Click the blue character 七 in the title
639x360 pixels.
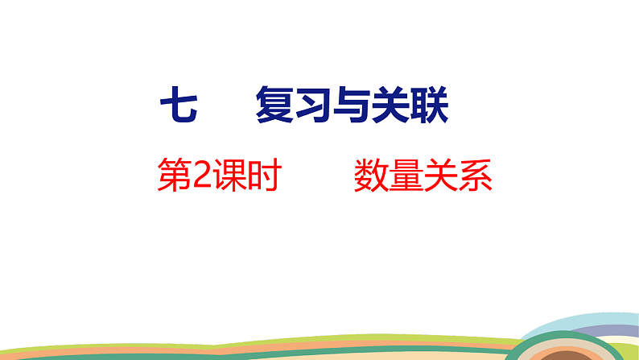[x=179, y=107]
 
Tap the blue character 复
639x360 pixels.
[x=274, y=107]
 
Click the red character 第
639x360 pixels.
[x=175, y=175]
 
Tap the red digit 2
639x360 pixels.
[x=202, y=175]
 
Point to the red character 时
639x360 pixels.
[x=262, y=175]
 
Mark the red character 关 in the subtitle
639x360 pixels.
[x=439, y=175]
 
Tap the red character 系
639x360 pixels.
[x=474, y=175]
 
